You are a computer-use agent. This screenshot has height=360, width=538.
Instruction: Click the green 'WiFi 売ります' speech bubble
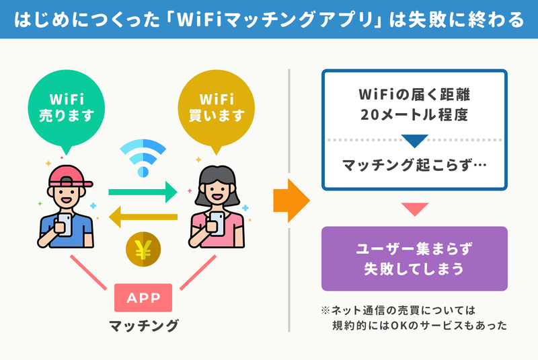click(x=66, y=108)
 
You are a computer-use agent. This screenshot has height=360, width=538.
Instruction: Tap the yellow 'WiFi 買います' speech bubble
click(x=216, y=108)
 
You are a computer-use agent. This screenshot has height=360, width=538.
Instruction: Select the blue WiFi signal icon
click(x=143, y=158)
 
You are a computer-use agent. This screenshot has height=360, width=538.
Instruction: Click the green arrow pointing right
click(x=143, y=192)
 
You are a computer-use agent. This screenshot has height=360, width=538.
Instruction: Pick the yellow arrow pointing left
click(x=143, y=217)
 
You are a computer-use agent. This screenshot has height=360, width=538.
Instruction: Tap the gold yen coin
click(x=143, y=249)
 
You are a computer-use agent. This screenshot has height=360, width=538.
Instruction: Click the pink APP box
click(x=143, y=297)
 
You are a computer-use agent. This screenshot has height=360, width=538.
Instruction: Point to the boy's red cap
click(x=71, y=177)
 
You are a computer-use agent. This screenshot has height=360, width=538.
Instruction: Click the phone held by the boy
click(x=65, y=225)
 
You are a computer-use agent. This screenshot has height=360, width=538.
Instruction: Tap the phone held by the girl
click(x=217, y=223)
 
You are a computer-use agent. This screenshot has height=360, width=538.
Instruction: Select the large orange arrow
click(x=292, y=201)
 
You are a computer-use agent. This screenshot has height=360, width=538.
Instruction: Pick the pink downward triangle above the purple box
click(x=414, y=209)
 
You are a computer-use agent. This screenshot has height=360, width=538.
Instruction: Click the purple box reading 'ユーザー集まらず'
click(x=414, y=258)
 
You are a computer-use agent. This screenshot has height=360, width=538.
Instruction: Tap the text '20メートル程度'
click(x=414, y=114)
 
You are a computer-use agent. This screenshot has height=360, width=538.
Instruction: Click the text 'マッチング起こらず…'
click(x=414, y=165)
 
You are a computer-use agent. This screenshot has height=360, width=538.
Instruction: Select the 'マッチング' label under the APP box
click(x=144, y=325)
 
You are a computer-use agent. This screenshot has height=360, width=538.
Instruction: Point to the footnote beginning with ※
click(x=414, y=318)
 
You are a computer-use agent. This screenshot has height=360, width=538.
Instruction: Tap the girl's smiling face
click(x=217, y=193)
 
